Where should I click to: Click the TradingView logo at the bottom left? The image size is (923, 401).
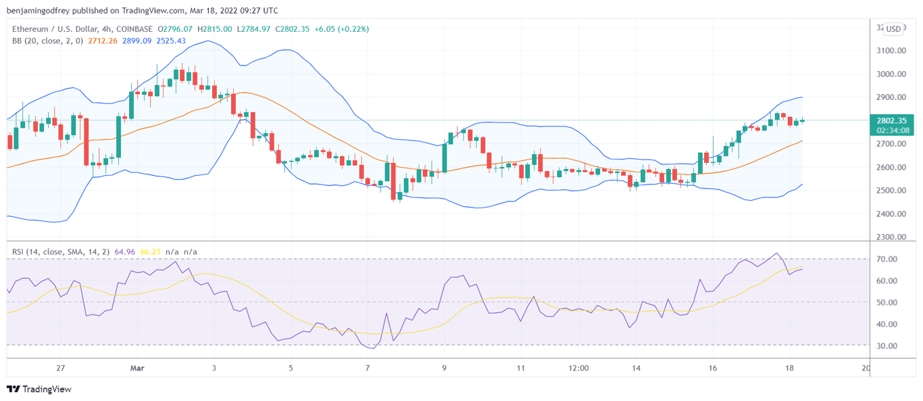39,389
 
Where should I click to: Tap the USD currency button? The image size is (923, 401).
893,29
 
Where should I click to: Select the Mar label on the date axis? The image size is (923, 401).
137,369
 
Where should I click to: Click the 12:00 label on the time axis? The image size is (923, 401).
578,369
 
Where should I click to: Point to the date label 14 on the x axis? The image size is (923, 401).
637,369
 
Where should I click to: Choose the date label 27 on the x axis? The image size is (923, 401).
61,369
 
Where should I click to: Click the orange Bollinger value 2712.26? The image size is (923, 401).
103,41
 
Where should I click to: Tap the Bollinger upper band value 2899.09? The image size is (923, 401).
136,41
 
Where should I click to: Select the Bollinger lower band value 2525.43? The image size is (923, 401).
171,41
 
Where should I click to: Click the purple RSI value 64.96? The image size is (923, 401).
125,252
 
